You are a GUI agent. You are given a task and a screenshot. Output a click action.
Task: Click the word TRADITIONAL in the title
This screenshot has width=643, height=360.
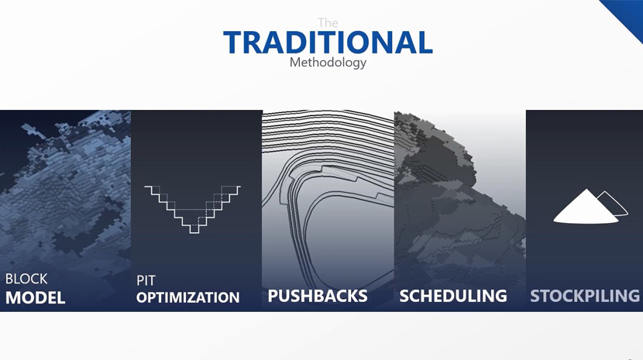click(x=328, y=43)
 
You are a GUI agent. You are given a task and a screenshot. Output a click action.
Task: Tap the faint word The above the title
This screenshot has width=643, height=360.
click(x=328, y=22)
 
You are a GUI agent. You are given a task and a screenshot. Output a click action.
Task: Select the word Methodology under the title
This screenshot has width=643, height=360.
click(x=328, y=63)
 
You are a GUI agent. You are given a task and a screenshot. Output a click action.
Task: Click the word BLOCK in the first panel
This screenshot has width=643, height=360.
click(x=26, y=279)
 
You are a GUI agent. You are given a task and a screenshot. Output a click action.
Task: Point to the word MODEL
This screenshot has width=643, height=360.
click(x=36, y=297)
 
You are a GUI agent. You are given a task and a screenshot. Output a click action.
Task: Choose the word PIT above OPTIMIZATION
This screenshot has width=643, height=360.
click(x=146, y=280)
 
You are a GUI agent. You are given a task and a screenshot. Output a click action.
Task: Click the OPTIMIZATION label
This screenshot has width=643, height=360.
click(x=187, y=297)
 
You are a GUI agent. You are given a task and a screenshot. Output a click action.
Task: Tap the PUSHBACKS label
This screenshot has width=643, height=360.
click(x=318, y=296)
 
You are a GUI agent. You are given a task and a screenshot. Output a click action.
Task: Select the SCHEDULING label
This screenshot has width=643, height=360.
click(x=453, y=296)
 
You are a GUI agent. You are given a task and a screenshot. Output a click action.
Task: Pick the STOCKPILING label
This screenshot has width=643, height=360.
click(x=585, y=296)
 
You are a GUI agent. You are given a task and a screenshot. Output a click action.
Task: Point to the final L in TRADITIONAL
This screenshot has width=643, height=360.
click(x=425, y=43)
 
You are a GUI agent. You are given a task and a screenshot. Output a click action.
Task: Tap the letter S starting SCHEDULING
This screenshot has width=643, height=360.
click(x=405, y=296)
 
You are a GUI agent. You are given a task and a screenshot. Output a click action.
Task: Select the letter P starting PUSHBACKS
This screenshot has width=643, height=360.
click(x=273, y=296)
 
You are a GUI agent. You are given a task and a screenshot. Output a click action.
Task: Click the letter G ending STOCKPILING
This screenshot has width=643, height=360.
click(x=633, y=296)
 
